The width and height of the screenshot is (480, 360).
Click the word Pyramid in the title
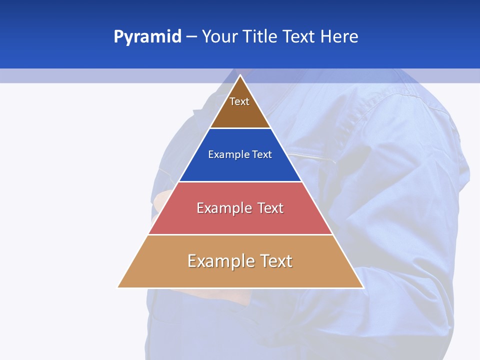tap(147, 36)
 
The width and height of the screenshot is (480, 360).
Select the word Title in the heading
tap(262, 36)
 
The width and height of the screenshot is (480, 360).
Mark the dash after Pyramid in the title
tap(191, 37)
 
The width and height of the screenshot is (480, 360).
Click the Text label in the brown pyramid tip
tap(239, 101)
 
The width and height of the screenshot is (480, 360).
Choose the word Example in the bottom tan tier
tap(220, 261)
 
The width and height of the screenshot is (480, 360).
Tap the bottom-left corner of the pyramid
tap(118, 287)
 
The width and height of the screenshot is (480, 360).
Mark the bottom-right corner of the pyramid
tap(363, 287)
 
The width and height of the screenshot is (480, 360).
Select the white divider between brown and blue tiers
tap(240, 128)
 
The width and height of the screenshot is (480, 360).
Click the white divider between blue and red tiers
tap(240, 181)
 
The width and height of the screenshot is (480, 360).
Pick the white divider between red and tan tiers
tap(240, 234)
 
